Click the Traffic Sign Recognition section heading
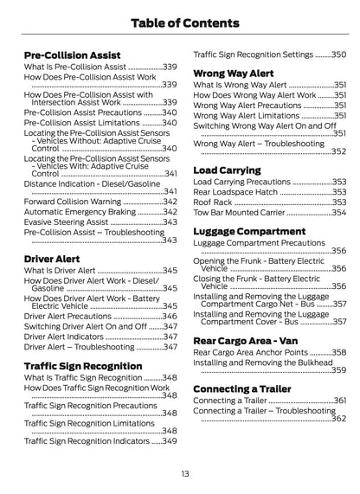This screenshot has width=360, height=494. [83, 366]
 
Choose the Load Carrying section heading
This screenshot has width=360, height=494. [228, 170]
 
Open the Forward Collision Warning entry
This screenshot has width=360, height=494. [84, 201]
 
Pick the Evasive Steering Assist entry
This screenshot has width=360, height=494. [77, 221]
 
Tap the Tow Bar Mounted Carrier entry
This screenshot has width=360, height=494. [239, 212]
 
